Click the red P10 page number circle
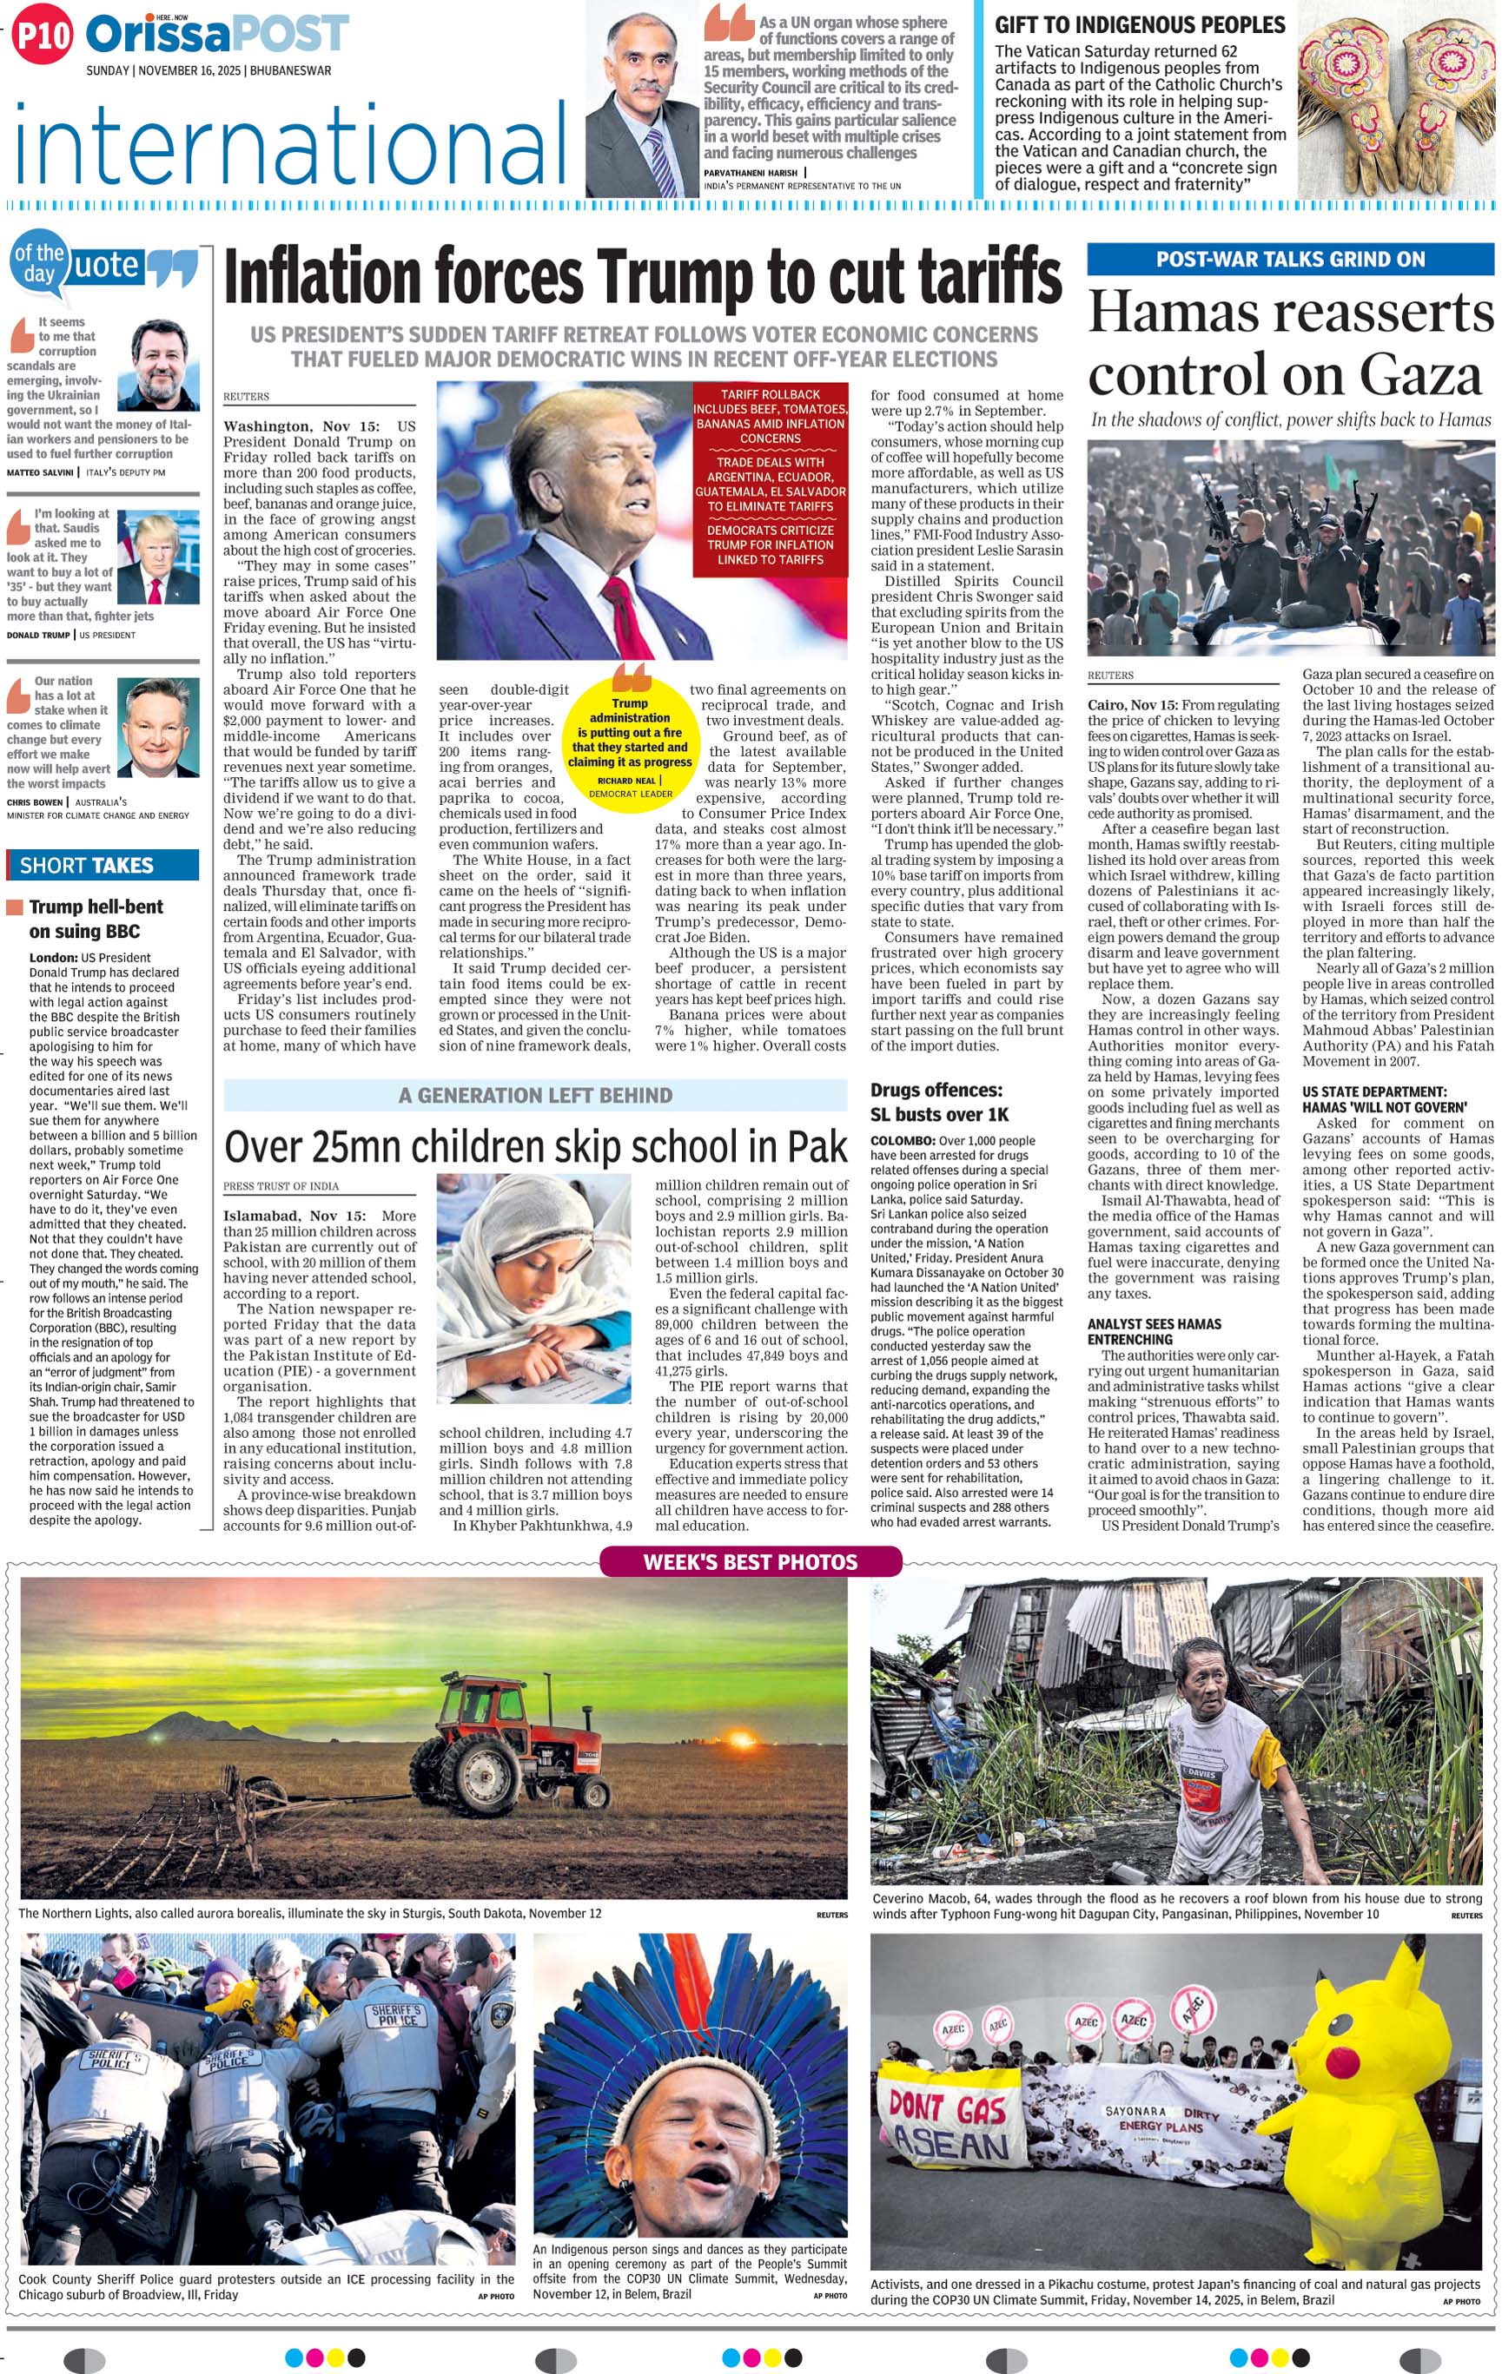pos(43,36)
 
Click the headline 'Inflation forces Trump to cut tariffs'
pos(642,278)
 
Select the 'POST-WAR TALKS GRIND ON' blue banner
pos(1289,260)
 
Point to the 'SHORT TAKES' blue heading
pos(87,865)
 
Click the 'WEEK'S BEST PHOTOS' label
pos(750,1561)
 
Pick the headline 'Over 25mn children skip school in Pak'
pos(535,1146)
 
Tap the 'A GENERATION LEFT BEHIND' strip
pos(535,1095)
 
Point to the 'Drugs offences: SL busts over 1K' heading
pos(939,1102)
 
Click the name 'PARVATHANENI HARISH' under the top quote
pos(750,173)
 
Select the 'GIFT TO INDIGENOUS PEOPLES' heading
pos(1139,24)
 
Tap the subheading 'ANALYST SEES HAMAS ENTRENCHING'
pos(1154,1331)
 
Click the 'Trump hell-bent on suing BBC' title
pos(96,918)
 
